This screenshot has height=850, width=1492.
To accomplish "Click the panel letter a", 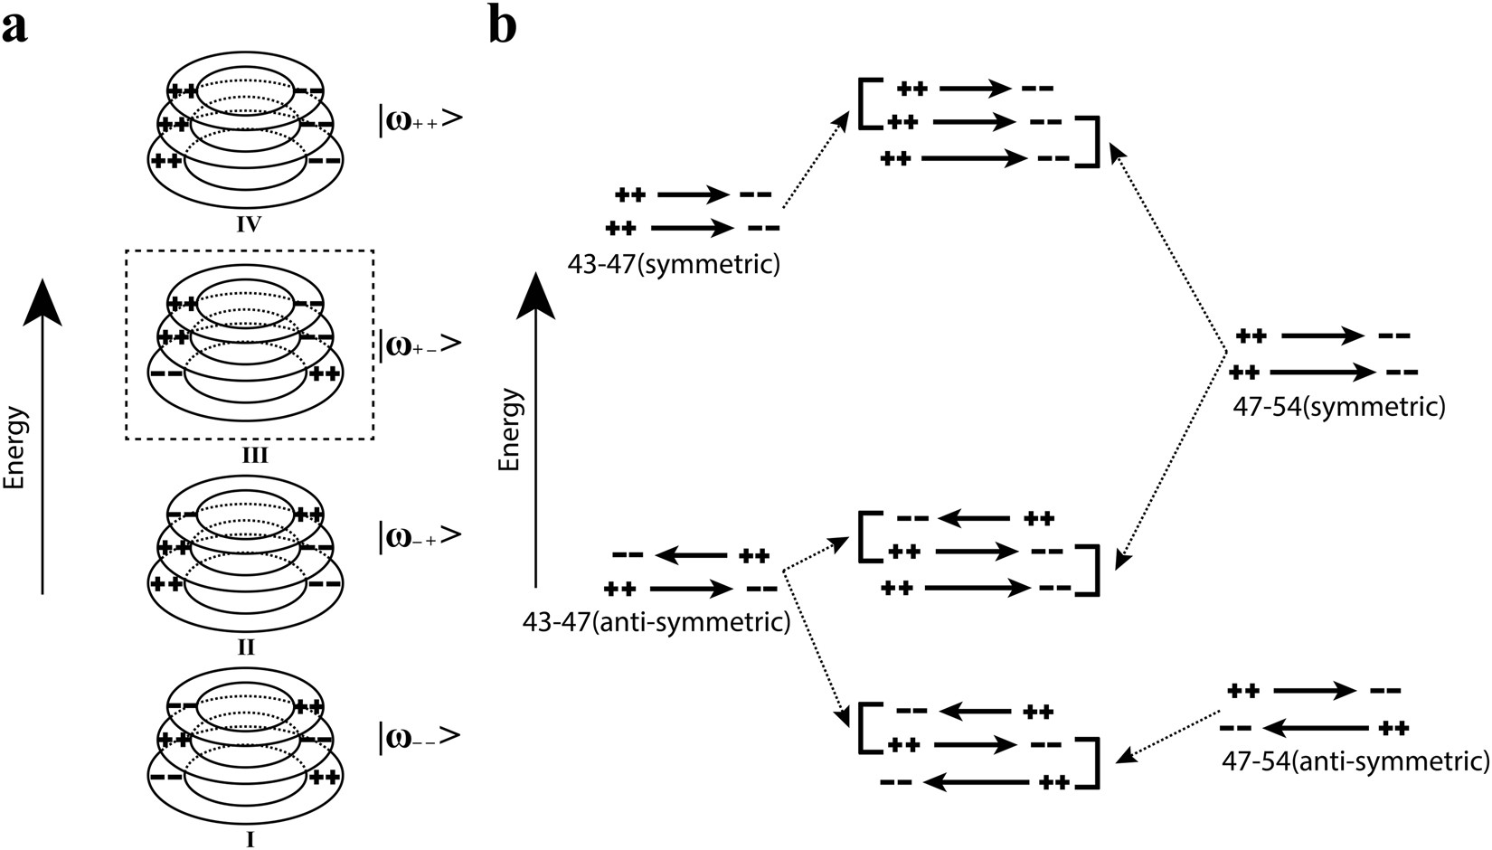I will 15,27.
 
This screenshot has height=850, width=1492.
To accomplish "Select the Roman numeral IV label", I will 249,223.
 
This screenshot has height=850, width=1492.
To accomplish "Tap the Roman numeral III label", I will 249,455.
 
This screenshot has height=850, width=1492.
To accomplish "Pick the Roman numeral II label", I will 246,647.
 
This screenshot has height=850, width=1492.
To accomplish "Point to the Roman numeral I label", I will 250,840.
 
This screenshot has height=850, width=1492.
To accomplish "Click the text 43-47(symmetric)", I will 674,265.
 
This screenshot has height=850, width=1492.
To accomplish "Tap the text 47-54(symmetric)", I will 1339,407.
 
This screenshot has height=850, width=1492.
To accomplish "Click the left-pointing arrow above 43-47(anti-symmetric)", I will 692,555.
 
